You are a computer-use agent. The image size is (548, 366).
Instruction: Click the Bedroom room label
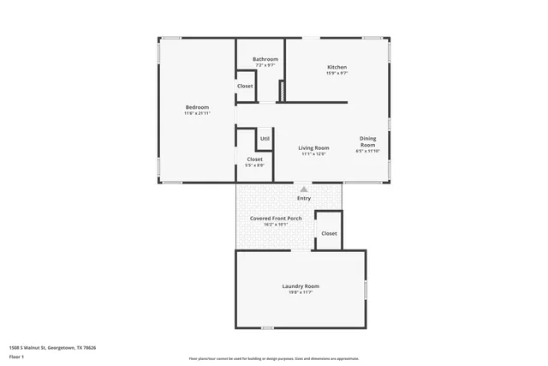tap(197, 106)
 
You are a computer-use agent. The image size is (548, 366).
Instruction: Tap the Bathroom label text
tap(265, 59)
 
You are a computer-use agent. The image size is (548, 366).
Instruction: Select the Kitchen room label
tap(337, 67)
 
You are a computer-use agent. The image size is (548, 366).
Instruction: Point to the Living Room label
tap(314, 147)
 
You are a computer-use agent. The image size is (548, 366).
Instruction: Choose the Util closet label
tap(265, 138)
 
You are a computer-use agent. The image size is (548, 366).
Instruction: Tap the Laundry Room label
tap(301, 285)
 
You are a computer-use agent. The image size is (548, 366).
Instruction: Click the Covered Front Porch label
tap(276, 218)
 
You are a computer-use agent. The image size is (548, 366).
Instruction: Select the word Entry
tap(304, 199)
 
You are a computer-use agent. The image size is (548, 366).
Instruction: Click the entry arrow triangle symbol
tap(304, 188)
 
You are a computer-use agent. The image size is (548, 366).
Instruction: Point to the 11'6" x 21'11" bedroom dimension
tap(197, 113)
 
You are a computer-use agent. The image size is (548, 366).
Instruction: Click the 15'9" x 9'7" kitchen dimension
tap(337, 74)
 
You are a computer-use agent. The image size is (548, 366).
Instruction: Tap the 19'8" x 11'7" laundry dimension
tap(301, 292)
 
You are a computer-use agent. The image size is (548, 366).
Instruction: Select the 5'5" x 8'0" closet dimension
tap(255, 165)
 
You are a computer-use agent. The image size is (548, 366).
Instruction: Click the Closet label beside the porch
tap(329, 233)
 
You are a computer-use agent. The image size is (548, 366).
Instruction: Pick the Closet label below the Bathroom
tap(245, 86)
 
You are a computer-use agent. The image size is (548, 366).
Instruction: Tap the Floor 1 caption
tap(17, 357)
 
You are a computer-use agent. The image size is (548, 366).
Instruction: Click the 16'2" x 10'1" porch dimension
tap(276, 225)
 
